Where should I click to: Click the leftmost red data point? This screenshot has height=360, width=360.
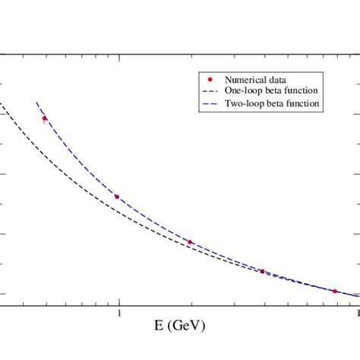pos(44,118)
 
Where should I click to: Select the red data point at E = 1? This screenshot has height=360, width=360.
pos(117,197)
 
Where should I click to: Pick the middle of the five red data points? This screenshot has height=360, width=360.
pos(190,242)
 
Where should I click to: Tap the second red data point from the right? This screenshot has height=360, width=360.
pos(262,271)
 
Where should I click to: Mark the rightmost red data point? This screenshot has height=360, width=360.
pos(335,291)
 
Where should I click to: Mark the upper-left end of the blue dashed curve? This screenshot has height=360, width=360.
pos(36,103)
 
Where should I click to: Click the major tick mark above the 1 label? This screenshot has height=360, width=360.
pos(118,302)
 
